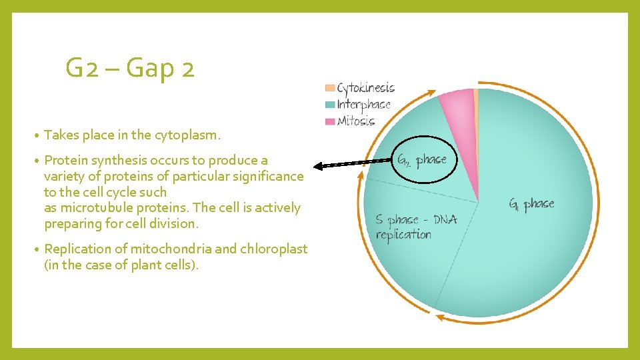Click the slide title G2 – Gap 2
pos(130,68)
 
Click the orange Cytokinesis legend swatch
pos(329,88)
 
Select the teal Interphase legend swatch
pos(329,105)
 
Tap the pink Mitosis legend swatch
pos(329,121)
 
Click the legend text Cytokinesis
pos(365,88)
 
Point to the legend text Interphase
pos(363,105)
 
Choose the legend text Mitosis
pos(356,121)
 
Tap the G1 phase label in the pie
pos(531,205)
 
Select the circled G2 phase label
pos(421,161)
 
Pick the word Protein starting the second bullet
pos(65,160)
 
